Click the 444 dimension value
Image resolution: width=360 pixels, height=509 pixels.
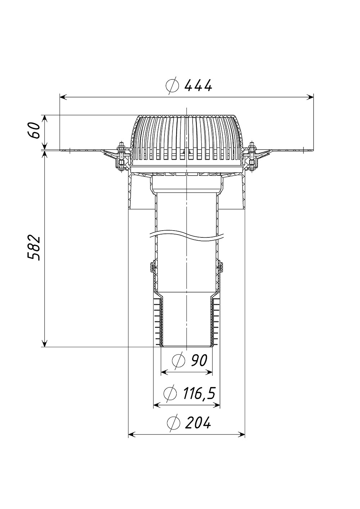coord(198,86)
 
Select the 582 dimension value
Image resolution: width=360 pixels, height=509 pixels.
coord(33,248)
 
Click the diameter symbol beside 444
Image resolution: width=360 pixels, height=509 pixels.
coord(172,86)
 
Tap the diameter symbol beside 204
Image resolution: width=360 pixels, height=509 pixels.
coord(174,423)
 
